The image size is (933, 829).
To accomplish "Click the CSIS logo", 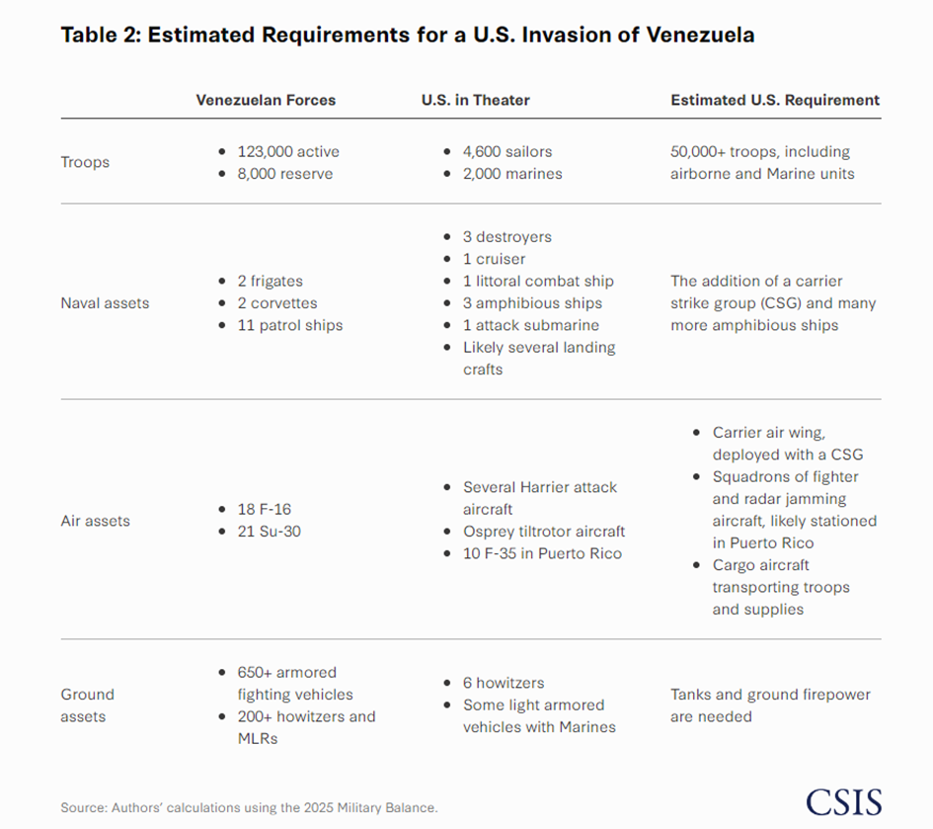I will [842, 801].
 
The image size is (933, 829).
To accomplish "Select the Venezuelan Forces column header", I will [266, 100].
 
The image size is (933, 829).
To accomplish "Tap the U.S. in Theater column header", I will [476, 100].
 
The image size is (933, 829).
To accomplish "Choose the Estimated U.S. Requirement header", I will [774, 100].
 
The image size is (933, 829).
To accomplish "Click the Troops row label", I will [84, 162].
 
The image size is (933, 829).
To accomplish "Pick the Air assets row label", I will [95, 521].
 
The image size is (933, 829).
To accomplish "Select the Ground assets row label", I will [87, 705].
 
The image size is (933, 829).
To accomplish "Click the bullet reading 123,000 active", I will [287, 151].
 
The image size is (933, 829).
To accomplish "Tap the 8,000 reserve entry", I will [284, 174].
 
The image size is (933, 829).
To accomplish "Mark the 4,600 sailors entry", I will [507, 151].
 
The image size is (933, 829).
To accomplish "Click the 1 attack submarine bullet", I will [530, 325].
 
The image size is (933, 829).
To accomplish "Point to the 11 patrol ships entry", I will [289, 325].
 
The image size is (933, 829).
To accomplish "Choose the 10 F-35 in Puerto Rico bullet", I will [542, 553].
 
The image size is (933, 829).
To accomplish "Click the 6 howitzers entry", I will [504, 683].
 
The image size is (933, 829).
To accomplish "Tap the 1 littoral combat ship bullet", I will [538, 282].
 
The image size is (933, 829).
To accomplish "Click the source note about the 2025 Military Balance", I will [249, 807].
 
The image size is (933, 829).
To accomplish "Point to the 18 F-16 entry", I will [264, 509].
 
